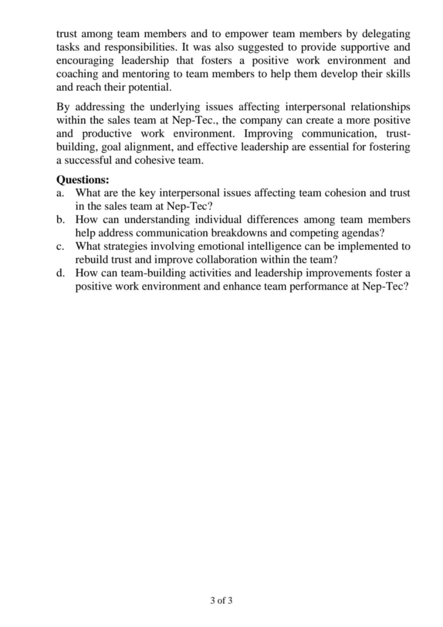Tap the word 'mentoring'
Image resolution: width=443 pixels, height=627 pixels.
(145, 73)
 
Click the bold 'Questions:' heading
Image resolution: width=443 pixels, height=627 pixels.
(83, 180)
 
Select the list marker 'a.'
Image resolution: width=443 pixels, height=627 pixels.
(61, 193)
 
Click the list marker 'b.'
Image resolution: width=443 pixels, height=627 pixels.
(61, 219)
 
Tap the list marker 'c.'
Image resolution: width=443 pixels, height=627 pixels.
(60, 246)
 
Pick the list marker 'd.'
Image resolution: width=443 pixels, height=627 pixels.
(61, 272)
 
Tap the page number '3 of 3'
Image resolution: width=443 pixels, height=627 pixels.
(221, 601)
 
